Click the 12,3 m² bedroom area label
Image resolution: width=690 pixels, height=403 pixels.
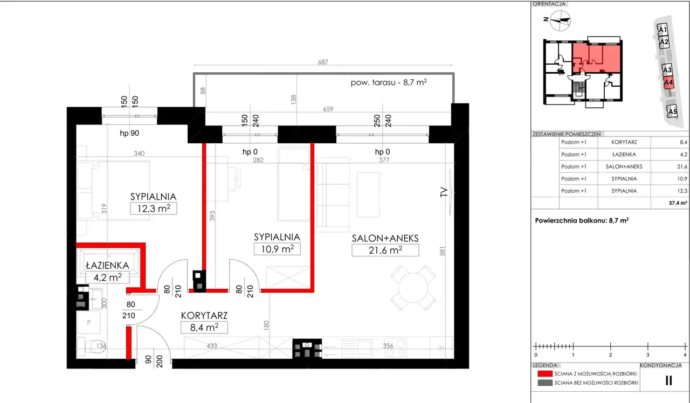pyautogui.click(x=154, y=209)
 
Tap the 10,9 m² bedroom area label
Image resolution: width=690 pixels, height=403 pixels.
pyautogui.click(x=277, y=249)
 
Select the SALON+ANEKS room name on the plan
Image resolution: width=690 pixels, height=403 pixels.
pyautogui.click(x=385, y=238)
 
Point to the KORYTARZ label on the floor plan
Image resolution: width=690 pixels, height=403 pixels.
pyautogui.click(x=204, y=316)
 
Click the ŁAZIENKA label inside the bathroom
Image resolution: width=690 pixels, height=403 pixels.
pyautogui.click(x=107, y=266)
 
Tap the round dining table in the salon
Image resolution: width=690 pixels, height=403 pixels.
pyautogui.click(x=413, y=288)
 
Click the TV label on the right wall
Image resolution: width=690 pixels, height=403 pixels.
pyautogui.click(x=443, y=192)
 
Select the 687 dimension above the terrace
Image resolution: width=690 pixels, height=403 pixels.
pyautogui.click(x=323, y=62)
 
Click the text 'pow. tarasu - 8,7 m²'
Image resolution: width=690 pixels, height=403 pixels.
pyautogui.click(x=389, y=82)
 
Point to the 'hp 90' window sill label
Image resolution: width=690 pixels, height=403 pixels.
pyautogui.click(x=129, y=133)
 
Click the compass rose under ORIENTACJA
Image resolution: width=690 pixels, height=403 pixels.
pyautogui.click(x=560, y=20)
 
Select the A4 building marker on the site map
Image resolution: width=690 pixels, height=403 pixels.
pyautogui.click(x=668, y=83)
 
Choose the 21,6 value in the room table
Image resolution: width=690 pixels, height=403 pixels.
pyautogui.click(x=682, y=166)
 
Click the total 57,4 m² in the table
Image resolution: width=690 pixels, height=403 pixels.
pyautogui.click(x=678, y=203)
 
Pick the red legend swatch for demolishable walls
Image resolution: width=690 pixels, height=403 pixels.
pyautogui.click(x=545, y=373)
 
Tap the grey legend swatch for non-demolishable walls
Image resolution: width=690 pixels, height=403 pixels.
pyautogui.click(x=545, y=383)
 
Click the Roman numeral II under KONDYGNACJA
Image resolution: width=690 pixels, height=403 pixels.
pyautogui.click(x=668, y=380)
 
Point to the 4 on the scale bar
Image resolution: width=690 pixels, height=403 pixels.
pyautogui.click(x=685, y=355)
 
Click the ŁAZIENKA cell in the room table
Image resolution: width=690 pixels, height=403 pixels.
pyautogui.click(x=624, y=154)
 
